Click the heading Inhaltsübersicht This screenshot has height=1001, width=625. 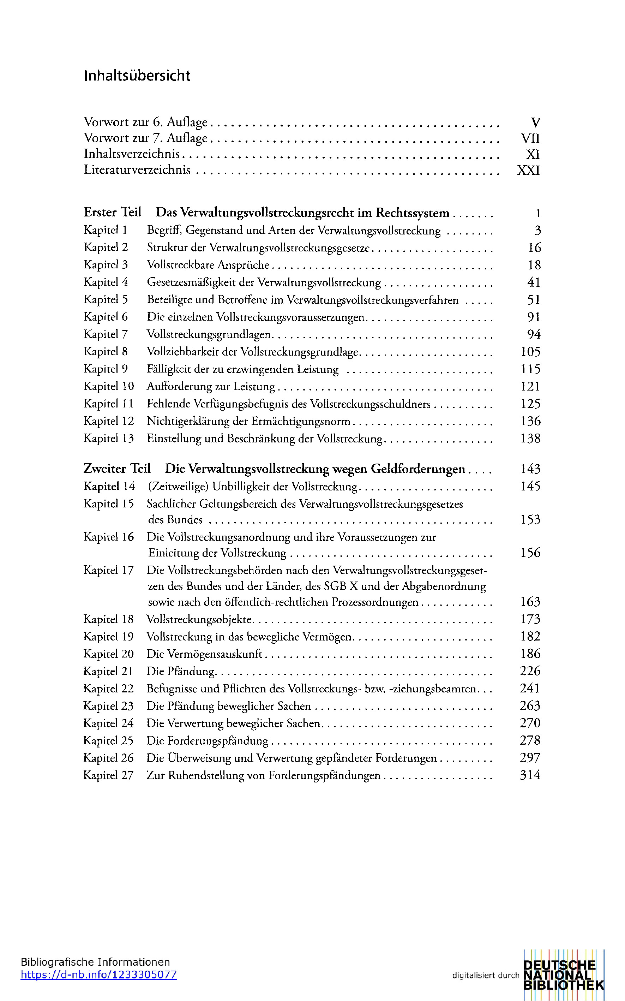tap(137, 76)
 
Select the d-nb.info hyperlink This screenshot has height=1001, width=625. tap(98, 975)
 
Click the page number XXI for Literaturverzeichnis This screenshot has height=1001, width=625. tap(528, 170)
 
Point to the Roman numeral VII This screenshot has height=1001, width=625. tap(530, 138)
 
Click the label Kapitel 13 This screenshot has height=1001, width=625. tap(109, 438)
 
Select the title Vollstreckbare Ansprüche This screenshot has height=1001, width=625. tap(208, 265)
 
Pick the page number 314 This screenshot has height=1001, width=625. tap(530, 775)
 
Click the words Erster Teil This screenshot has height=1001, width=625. tap(113, 213)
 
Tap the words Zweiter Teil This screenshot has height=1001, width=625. tap(117, 469)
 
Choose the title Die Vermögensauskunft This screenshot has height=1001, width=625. tap(204, 654)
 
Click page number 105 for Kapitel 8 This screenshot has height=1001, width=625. tap(530, 352)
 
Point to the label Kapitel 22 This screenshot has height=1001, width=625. tap(108, 689)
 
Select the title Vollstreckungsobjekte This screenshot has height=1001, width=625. tap(199, 619)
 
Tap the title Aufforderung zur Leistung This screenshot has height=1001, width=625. tap(211, 387)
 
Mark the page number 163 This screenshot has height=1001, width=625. tap(530, 602)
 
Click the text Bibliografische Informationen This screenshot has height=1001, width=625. tap(95, 962)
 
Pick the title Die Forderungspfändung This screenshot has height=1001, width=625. tap(208, 740)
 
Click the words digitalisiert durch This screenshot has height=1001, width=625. tap(485, 975)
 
